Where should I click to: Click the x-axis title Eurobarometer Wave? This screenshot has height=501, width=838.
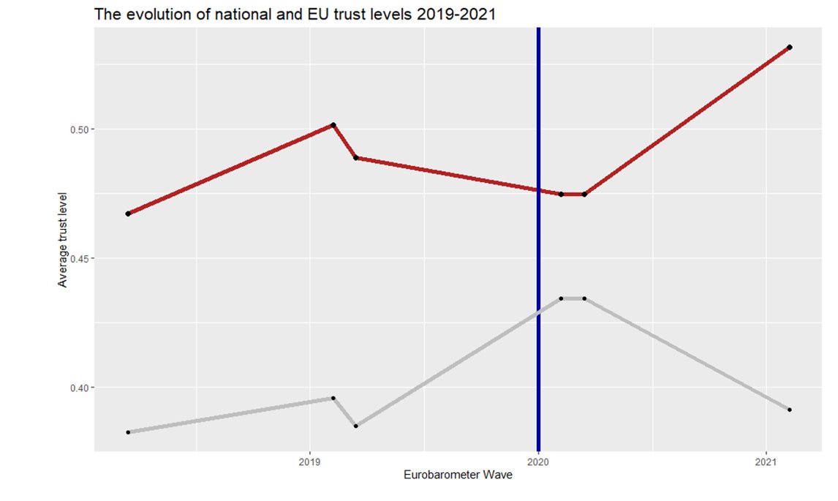458,475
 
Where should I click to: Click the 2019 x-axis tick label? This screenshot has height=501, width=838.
310,462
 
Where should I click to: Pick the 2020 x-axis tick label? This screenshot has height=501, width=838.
538,462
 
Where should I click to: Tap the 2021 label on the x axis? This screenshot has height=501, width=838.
766,462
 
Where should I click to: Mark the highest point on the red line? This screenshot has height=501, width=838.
790,47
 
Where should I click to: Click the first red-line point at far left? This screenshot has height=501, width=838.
128,214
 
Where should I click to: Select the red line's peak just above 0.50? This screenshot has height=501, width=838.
333,125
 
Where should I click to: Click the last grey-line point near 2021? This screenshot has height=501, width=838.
790,410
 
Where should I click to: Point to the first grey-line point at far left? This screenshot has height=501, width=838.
128,432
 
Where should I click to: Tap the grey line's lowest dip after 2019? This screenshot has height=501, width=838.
355,426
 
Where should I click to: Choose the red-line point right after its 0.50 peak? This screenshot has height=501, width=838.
355,158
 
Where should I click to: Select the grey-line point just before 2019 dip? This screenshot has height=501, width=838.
333,398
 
